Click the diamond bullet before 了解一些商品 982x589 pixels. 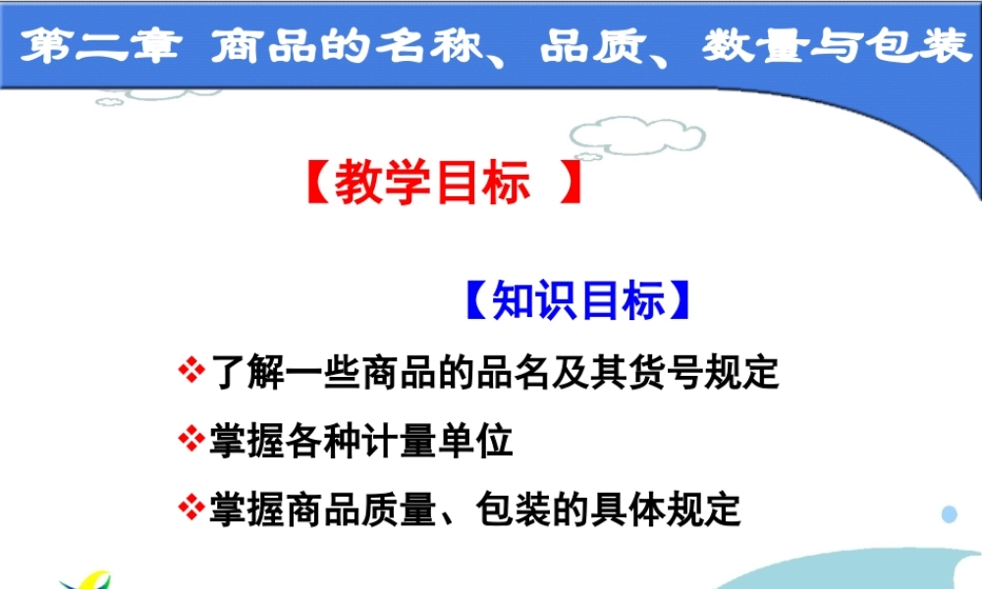click(x=190, y=372)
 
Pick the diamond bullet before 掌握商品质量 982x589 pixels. click(x=190, y=508)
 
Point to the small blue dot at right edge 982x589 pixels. click(x=949, y=514)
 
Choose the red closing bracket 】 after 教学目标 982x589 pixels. click(x=567, y=184)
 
